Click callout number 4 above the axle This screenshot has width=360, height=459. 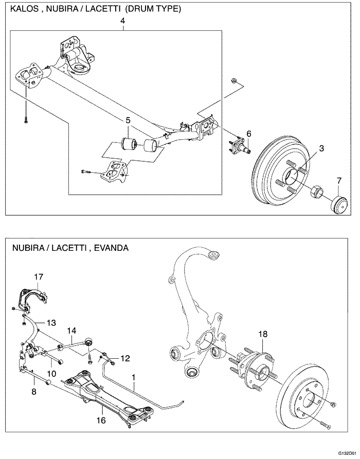[122, 21]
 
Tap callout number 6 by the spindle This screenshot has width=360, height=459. [248, 134]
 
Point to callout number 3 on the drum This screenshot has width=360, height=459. [321, 149]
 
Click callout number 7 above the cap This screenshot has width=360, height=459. [338, 180]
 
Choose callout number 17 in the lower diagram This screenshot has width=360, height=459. [39, 277]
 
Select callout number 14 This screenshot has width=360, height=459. [71, 331]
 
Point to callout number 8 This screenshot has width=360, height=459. [34, 391]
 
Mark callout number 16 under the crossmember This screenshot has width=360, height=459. [101, 420]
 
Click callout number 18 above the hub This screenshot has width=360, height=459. [263, 334]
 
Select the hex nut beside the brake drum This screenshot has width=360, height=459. [316, 193]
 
